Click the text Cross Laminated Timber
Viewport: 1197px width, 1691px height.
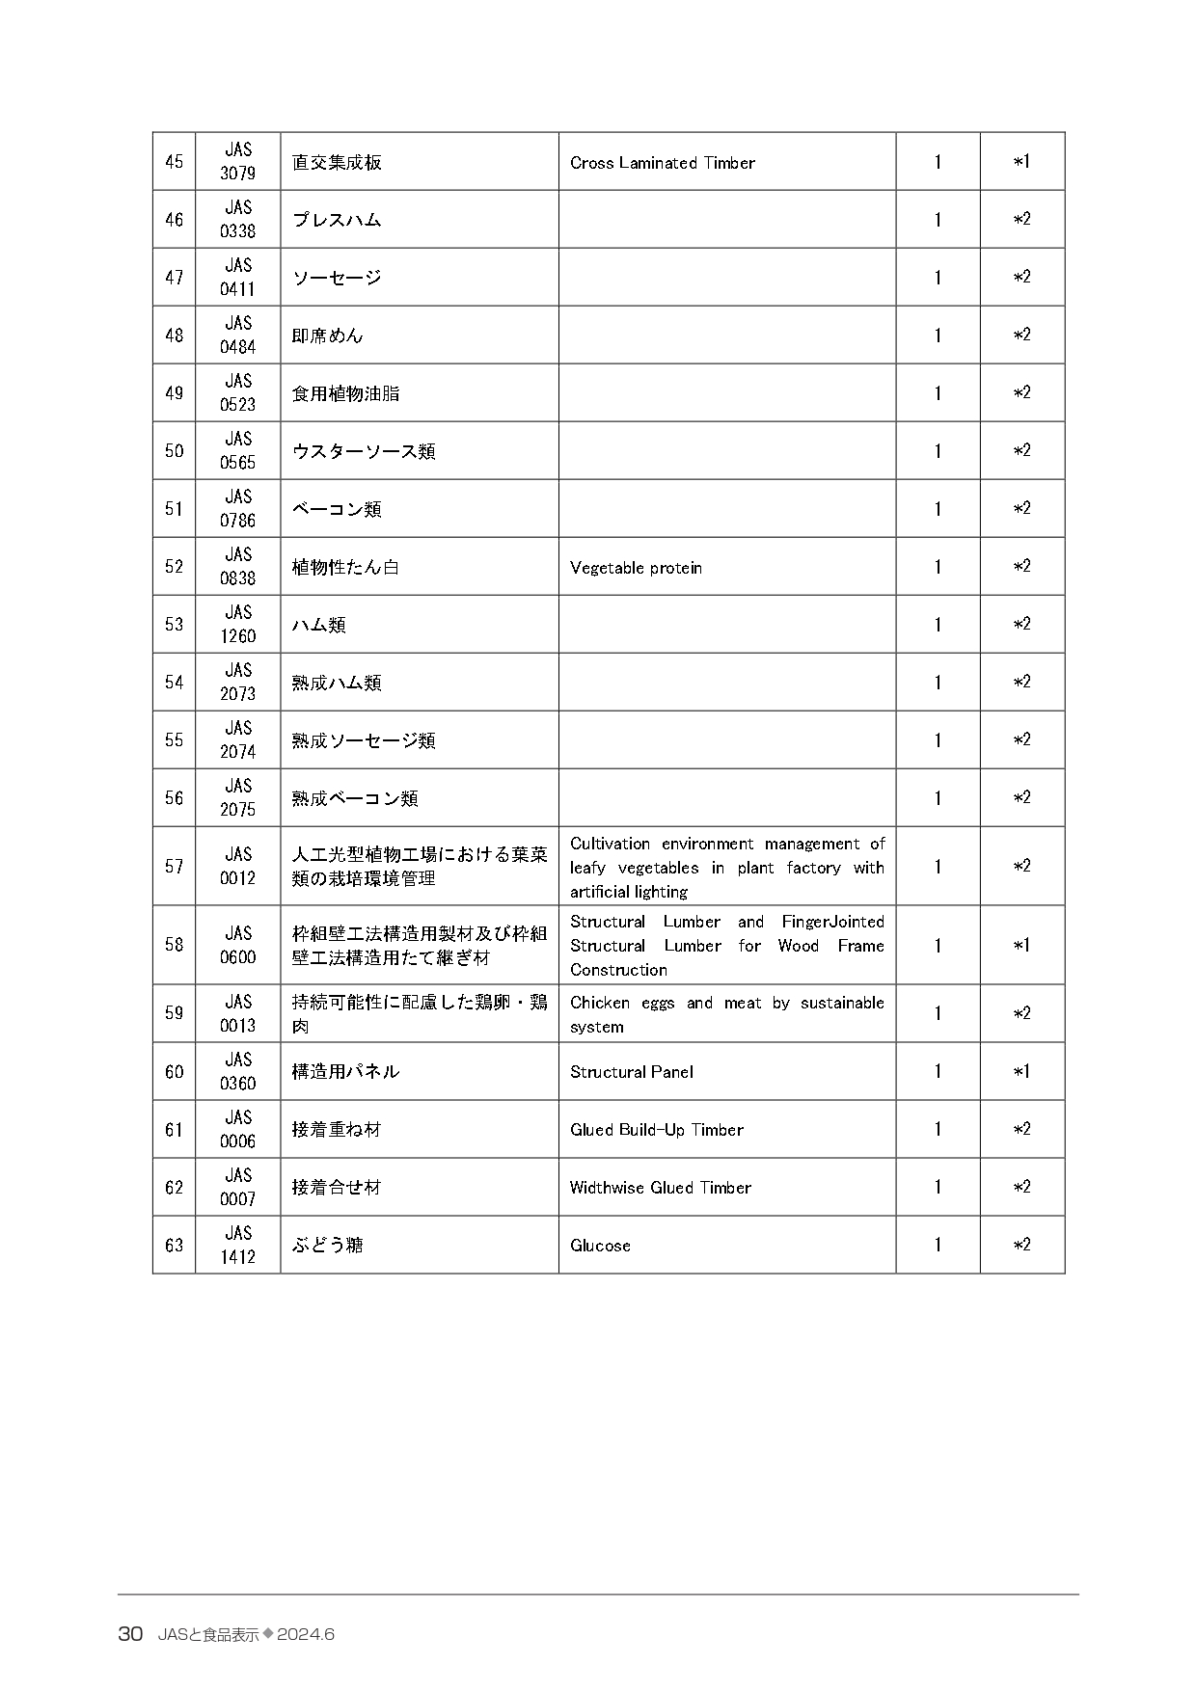pos(662,163)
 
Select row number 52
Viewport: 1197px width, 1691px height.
pos(174,567)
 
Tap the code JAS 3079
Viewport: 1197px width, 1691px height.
pos(237,162)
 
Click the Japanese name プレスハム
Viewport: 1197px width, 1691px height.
pos(337,220)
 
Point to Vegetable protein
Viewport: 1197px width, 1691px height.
pos(636,568)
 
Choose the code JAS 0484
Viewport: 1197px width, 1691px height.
pos(237,336)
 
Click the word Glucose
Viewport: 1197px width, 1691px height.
pos(600,1246)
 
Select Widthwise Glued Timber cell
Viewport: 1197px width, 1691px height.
pos(660,1188)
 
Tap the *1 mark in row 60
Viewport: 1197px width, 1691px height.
pos(1021,1071)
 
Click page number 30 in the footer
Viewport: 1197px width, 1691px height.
pos(130,1634)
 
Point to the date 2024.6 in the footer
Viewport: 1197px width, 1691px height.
pos(305,1634)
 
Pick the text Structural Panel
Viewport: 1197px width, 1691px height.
pos(631,1072)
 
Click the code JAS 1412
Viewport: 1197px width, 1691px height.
pos(237,1245)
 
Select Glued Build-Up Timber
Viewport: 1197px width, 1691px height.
pos(656,1130)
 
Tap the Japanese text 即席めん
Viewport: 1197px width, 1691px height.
pos(328,336)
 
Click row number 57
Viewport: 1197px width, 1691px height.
pos(174,866)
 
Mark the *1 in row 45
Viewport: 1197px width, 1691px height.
pos(1021,162)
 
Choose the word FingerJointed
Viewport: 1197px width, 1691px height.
pos(832,922)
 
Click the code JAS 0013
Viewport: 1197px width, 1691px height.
pos(237,1013)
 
